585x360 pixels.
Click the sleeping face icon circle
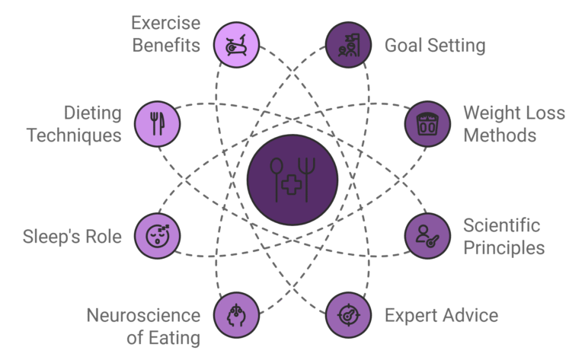(157, 235)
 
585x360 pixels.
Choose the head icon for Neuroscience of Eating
(235, 314)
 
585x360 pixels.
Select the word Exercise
(166, 23)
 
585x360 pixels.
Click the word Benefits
(166, 45)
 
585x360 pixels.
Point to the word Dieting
(94, 114)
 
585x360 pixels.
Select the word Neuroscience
(143, 315)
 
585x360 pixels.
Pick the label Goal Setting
(434, 45)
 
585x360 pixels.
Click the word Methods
(500, 136)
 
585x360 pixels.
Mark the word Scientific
(501, 225)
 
